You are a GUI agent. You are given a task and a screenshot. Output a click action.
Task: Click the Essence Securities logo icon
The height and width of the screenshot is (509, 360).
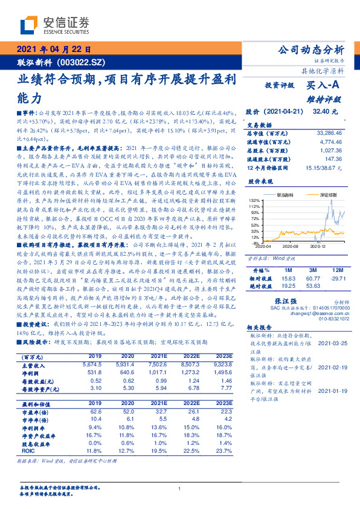(30, 26)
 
